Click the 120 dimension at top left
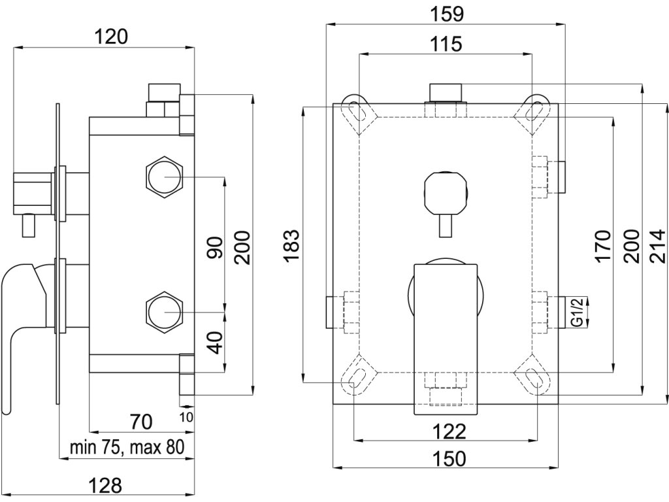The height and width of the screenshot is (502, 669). tap(110, 37)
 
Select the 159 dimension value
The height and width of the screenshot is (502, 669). tap(446, 14)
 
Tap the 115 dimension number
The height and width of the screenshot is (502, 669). tap(446, 44)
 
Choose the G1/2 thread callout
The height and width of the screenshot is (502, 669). tap(577, 313)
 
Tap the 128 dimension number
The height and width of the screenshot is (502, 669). tap(105, 486)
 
